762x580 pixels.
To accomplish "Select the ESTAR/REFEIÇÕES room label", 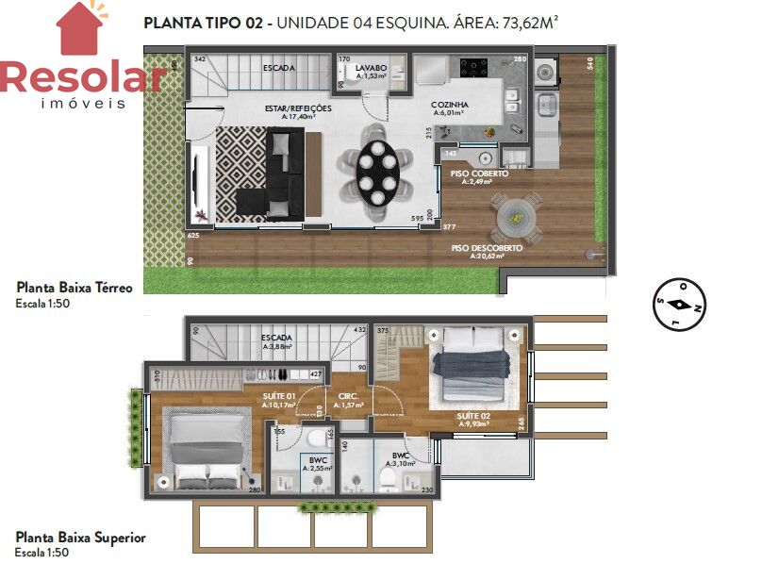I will (x=298, y=109).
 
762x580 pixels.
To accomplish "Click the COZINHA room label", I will (x=450, y=106).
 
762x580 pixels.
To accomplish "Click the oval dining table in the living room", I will (x=377, y=172).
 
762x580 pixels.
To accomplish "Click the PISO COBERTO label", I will (x=478, y=175).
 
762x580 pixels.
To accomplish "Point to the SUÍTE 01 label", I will (x=278, y=396).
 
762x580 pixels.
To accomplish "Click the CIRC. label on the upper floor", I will (x=347, y=396).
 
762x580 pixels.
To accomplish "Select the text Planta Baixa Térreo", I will (x=75, y=288).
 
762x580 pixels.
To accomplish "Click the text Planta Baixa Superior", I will (x=80, y=537).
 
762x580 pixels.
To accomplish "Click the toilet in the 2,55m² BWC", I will (x=315, y=443).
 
